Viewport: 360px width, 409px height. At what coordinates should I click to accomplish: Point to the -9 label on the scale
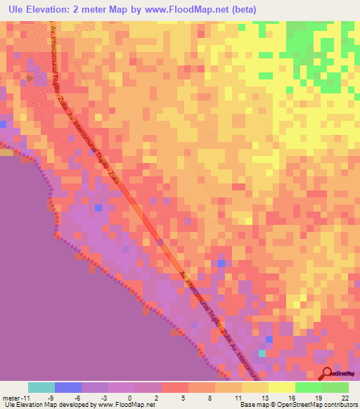click(51, 398)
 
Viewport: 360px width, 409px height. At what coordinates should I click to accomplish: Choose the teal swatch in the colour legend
click(41, 387)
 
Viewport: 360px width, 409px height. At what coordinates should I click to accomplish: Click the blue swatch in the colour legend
click(68, 387)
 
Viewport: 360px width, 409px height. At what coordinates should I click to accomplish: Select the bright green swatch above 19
click(308, 387)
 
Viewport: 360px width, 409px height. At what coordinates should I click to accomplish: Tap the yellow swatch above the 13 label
click(255, 387)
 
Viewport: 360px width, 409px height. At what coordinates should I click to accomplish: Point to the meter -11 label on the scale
click(15, 398)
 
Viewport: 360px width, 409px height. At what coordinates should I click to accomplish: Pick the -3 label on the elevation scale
click(104, 398)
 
